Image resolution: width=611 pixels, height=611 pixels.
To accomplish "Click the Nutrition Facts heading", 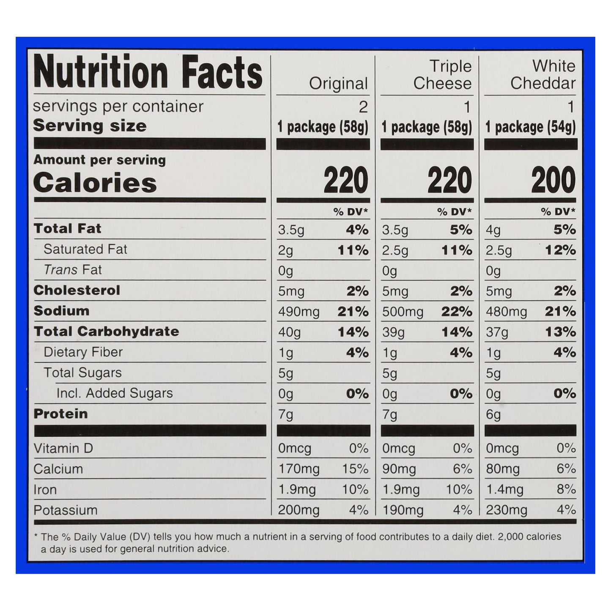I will (148, 72).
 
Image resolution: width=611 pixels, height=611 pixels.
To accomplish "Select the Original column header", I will (338, 84).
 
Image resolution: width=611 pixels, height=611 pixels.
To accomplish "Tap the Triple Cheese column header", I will (442, 75).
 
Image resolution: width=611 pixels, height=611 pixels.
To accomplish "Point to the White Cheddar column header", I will (543, 75).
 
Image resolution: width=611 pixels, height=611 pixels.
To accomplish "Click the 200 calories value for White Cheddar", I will (553, 180).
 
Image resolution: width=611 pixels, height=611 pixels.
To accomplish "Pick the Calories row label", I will (95, 183).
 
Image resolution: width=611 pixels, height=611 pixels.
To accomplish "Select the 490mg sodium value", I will (299, 312).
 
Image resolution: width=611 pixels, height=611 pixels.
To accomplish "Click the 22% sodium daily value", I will (457, 312).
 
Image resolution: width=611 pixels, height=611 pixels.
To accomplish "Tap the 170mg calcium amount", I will (299, 469).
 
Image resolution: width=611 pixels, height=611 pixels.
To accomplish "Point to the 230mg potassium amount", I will (506, 510).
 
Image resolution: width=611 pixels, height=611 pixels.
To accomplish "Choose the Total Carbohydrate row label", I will (106, 332).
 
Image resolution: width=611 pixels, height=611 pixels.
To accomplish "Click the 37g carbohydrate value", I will (497, 333).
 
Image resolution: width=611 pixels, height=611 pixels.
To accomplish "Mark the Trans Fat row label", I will (73, 270).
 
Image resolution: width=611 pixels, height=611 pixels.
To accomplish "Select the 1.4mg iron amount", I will (504, 490).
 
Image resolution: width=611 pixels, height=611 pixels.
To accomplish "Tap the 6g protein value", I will (493, 415).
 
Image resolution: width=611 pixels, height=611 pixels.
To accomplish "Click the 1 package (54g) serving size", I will (530, 127).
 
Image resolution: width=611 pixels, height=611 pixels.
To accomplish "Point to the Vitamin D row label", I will (63, 448).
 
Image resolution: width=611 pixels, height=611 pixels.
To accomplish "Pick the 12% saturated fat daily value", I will (560, 250).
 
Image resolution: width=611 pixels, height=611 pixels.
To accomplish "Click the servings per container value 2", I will (363, 107).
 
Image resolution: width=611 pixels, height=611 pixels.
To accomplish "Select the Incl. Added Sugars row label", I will (115, 393).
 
